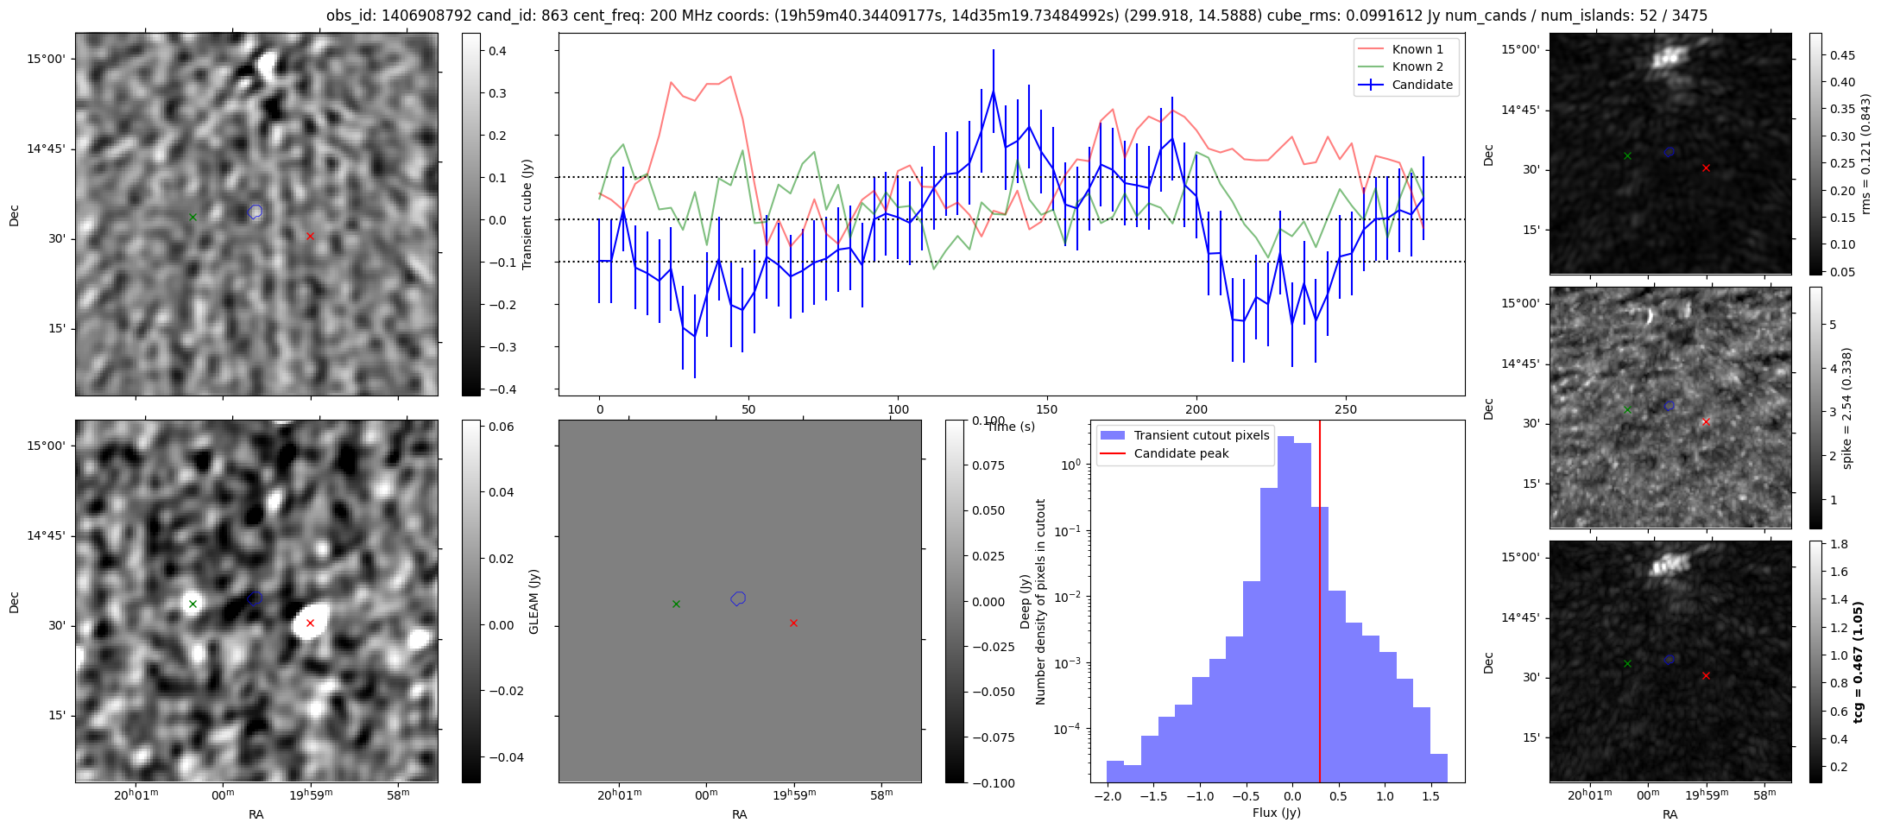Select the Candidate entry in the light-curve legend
pos(1422,85)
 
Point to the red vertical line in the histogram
pos(1320,604)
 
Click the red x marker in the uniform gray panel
pos(793,623)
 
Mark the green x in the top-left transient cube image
pos(193,217)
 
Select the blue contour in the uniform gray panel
pos(738,598)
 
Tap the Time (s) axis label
pos(1011,427)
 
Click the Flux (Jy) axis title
pos(1277,813)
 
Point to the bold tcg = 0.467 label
pos(1858,661)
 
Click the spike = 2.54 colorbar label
pos(1846,408)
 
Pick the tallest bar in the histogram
pos(1285,604)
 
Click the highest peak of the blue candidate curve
pos(994,92)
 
